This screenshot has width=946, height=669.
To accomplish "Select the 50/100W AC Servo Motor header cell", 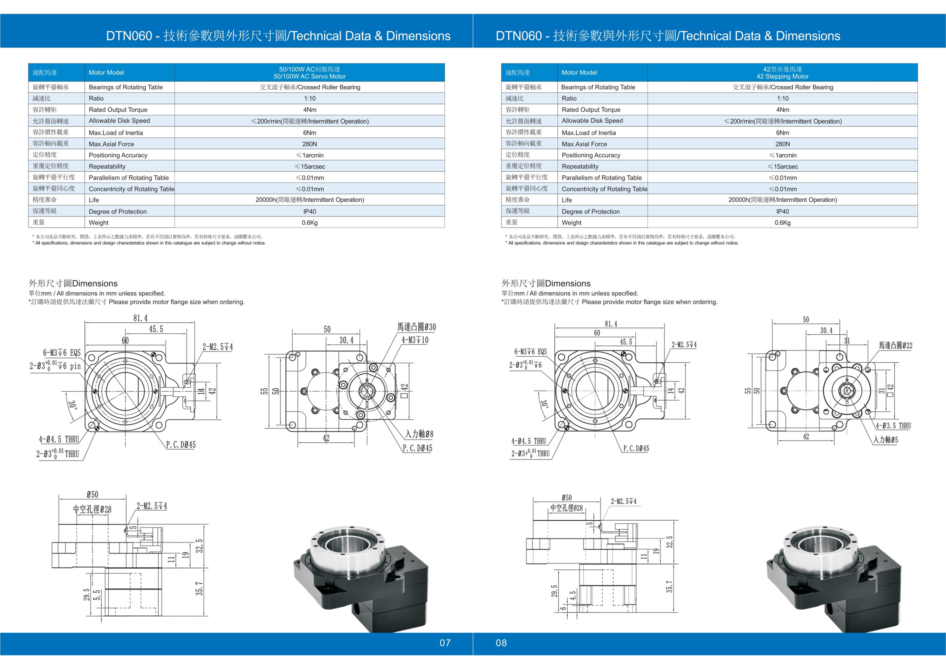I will pyautogui.click(x=309, y=73).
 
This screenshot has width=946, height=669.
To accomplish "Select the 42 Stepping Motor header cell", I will pyautogui.click(x=782, y=73).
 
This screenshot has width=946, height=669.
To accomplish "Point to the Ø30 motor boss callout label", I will pyautogui.click(x=416, y=327).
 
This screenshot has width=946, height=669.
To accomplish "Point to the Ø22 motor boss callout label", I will pyautogui.click(x=895, y=345).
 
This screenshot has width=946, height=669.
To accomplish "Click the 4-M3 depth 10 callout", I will pyautogui.click(x=415, y=340).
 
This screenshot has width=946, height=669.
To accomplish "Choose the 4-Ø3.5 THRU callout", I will pyautogui.click(x=893, y=426).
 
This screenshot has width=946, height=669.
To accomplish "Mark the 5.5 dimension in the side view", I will pyautogui.click(x=97, y=595).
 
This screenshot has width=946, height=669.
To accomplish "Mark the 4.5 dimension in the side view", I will pyautogui.click(x=573, y=596).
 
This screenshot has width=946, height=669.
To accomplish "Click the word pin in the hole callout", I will pyautogui.click(x=76, y=366).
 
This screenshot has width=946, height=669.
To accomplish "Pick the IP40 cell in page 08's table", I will pyautogui.click(x=782, y=211).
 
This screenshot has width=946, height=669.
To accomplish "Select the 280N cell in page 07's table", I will pyautogui.click(x=309, y=144).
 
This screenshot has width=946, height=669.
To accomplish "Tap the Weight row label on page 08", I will pyautogui.click(x=571, y=223).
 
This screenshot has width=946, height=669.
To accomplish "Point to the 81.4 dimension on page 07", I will pyautogui.click(x=140, y=318).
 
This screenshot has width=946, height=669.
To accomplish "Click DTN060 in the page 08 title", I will pyautogui.click(x=518, y=36).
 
